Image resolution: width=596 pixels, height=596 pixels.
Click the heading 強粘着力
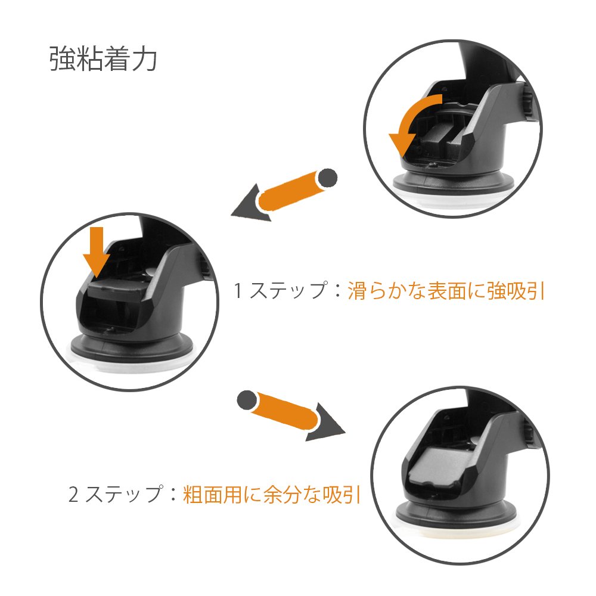click(x=103, y=58)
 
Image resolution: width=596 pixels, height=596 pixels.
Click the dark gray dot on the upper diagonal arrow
click(x=327, y=178)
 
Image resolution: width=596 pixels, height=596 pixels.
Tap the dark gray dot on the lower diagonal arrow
click(x=247, y=401)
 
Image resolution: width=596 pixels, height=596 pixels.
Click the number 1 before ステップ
click(x=238, y=291)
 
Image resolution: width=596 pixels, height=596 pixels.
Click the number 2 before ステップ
click(x=73, y=494)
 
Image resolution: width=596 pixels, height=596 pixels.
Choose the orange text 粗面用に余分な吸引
click(x=271, y=494)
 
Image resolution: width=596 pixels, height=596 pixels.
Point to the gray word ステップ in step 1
click(x=288, y=291)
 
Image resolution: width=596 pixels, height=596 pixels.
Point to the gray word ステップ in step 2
click(x=125, y=494)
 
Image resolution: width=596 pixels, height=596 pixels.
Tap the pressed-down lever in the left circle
click(x=116, y=287)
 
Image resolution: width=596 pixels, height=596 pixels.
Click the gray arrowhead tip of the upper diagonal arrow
click(x=232, y=216)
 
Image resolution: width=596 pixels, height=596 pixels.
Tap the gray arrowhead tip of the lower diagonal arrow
click(x=345, y=433)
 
